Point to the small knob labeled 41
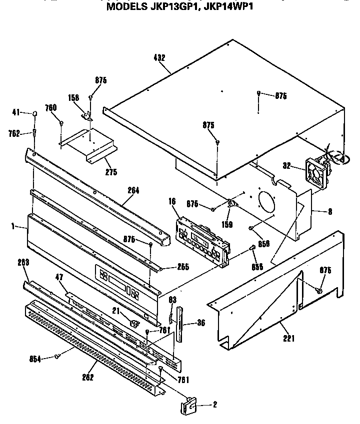(x=36, y=114)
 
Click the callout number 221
(x=288, y=339)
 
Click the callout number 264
(x=133, y=190)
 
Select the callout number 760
(x=51, y=107)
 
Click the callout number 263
(x=23, y=262)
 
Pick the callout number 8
(x=330, y=211)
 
